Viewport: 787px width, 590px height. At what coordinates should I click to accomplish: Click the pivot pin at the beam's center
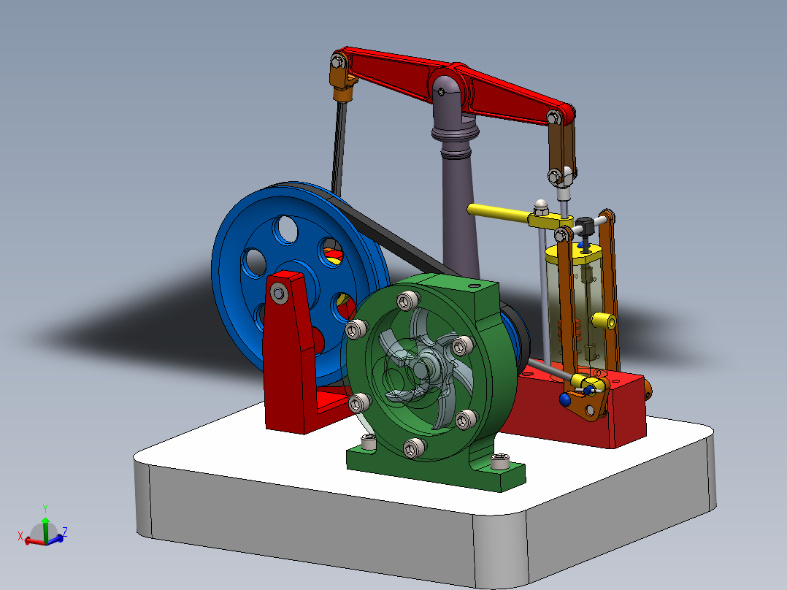pyautogui.click(x=444, y=90)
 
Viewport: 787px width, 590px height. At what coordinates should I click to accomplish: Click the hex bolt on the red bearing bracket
pyautogui.click(x=279, y=294)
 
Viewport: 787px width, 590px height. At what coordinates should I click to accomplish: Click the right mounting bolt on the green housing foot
pyautogui.click(x=500, y=461)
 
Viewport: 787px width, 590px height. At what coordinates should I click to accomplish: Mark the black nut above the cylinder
pyautogui.click(x=583, y=223)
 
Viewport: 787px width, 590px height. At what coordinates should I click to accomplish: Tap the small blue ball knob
pyautogui.click(x=565, y=399)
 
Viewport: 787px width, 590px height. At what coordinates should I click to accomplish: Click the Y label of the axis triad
pyautogui.click(x=45, y=508)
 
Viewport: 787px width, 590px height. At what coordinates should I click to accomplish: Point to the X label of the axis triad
pyautogui.click(x=21, y=537)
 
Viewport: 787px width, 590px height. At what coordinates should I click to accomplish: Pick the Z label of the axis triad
pyautogui.click(x=65, y=532)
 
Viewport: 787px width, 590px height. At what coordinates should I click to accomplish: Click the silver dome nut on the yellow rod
pyautogui.click(x=540, y=204)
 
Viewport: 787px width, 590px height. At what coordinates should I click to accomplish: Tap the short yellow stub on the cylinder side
pyautogui.click(x=602, y=320)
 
